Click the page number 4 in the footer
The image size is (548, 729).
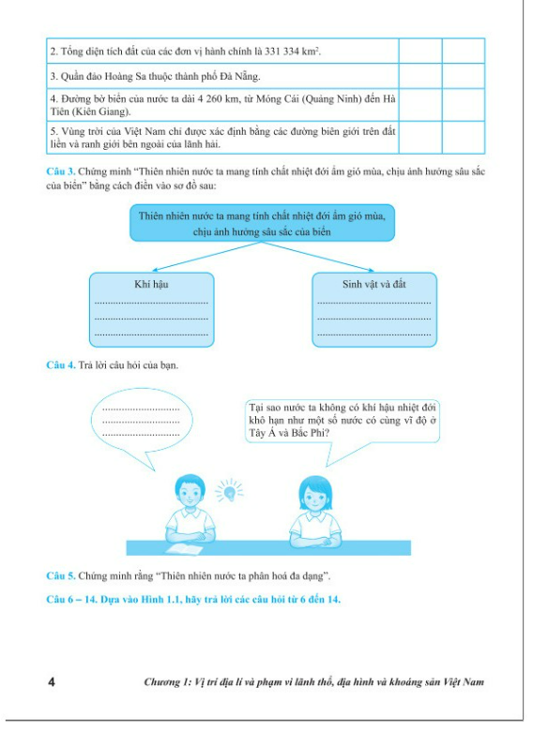point(52,682)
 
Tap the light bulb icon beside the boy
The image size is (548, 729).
point(229,490)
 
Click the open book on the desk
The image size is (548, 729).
point(185,549)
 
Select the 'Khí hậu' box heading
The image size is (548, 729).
point(151,284)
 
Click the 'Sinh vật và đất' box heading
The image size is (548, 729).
point(373,284)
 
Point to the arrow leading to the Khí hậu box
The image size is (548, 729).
point(206,256)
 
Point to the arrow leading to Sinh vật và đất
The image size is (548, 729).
point(317,256)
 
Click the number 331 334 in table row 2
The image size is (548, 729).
point(282,52)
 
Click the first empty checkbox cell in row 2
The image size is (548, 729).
point(420,51)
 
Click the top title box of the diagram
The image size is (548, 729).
point(262,223)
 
